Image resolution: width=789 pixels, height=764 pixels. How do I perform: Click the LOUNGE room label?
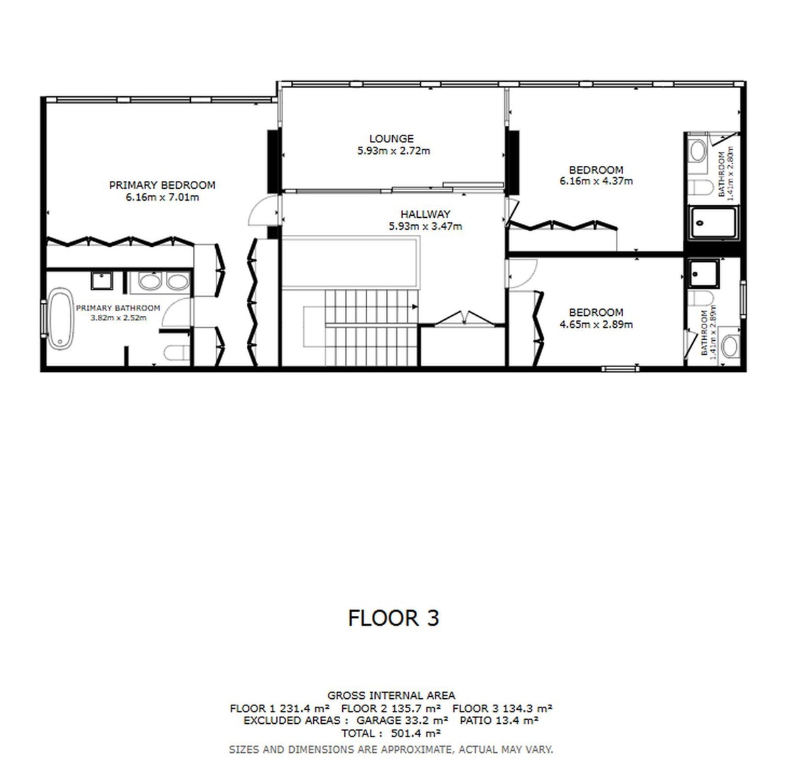pos(392,138)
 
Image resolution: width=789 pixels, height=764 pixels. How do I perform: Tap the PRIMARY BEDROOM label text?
pos(162,185)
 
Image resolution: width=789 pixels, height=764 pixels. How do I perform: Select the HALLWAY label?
pos(425,214)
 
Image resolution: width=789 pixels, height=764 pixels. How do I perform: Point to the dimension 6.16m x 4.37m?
pos(596,181)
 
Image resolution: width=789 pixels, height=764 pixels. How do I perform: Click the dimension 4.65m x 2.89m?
pos(596,324)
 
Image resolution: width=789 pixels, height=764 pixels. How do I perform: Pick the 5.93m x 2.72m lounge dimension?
pos(394,151)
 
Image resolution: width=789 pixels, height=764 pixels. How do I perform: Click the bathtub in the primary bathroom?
pos(61,318)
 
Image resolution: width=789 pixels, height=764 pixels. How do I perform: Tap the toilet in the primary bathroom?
pos(176,353)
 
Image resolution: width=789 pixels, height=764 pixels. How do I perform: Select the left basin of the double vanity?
pos(150,282)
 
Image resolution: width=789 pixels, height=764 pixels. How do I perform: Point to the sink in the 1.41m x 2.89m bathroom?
pos(729,346)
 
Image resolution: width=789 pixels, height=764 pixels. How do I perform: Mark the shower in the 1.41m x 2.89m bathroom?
pos(704,274)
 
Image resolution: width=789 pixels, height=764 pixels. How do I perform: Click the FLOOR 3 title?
pos(394,618)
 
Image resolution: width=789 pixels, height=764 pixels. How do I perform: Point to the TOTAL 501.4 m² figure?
pos(391,733)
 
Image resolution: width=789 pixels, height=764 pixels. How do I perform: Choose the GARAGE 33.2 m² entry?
pos(402,721)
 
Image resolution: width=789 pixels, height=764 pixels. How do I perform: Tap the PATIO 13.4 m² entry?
pos(499,721)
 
